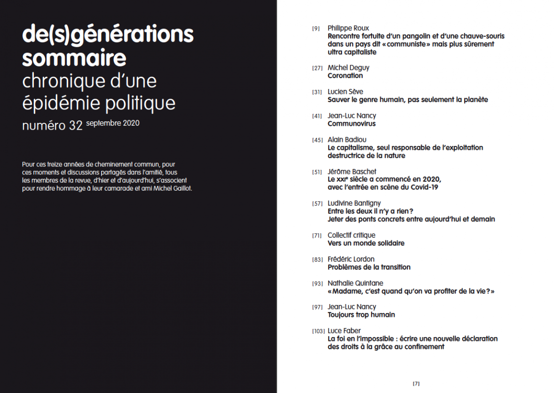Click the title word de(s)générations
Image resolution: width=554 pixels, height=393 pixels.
coord(108,35)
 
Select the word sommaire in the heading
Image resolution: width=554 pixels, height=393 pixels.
coord(74,58)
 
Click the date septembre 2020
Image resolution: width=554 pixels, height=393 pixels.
coord(112,123)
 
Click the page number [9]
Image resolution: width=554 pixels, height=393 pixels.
coord(316,29)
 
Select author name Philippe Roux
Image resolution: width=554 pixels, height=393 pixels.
coord(348,28)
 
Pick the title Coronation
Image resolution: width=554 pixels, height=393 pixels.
coord(345,76)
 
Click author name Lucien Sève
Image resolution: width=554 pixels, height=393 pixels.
coord(345,92)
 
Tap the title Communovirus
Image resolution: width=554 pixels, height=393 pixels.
coord(351,124)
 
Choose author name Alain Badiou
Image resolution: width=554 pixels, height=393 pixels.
coord(347,140)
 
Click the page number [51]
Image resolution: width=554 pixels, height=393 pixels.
coord(317,172)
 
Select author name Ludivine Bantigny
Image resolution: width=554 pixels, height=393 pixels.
coord(354,203)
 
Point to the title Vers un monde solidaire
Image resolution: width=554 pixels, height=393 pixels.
coord(366,243)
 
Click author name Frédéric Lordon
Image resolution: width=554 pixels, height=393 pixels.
coord(351,259)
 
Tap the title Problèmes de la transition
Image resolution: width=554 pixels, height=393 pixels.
coord(369,267)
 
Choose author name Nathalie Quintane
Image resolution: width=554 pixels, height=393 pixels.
coord(355,283)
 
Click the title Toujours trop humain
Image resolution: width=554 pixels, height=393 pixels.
coord(361,315)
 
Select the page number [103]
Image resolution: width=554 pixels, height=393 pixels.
coord(318,331)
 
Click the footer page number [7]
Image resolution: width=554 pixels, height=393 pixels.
coord(416,384)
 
